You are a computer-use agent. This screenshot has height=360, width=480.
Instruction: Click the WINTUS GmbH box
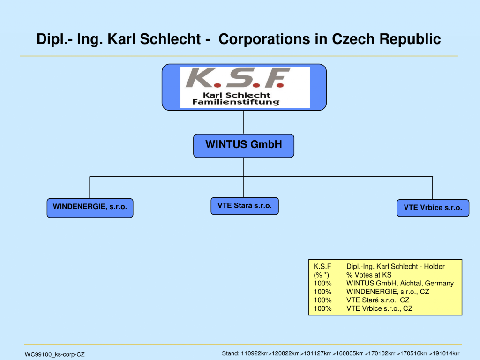[244, 146]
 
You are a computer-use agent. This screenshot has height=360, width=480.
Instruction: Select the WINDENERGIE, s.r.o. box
[90, 208]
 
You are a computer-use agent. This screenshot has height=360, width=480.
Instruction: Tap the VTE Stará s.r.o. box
[245, 206]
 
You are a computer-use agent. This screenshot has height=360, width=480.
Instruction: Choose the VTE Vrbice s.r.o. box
[433, 208]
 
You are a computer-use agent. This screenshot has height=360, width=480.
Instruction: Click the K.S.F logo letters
[238, 78]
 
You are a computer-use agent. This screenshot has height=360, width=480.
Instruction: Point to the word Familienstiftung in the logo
[236, 102]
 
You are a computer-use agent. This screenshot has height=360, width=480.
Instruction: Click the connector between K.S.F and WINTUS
[244, 122]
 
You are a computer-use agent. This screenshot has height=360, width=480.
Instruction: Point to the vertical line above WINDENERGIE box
[90, 187]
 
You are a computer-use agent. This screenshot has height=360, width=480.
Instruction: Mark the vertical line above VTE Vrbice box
[433, 188]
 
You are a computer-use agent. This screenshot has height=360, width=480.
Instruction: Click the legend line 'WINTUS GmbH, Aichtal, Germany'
[400, 283]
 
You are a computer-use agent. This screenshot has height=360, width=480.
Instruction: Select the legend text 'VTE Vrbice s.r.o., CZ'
[379, 308]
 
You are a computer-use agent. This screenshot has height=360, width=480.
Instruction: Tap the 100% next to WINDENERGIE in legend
[322, 292]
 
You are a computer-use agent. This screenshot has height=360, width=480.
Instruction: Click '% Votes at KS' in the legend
[369, 275]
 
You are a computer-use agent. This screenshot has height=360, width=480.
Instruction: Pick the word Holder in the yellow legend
[434, 266]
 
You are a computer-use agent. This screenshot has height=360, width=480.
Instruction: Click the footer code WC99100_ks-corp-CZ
[54, 354]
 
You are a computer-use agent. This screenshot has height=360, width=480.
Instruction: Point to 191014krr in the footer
[446, 353]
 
